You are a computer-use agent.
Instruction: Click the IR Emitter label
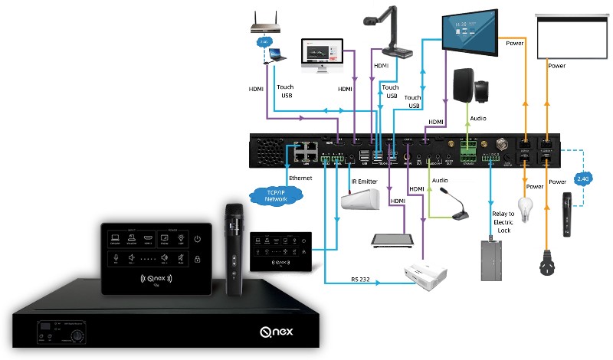tap(366, 182)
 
